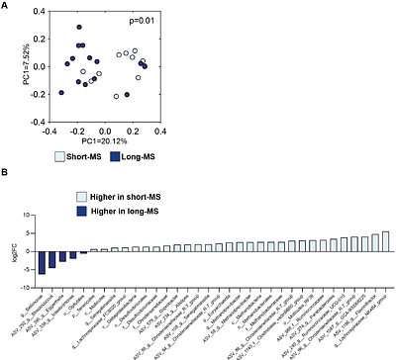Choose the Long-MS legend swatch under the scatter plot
coord(115,156)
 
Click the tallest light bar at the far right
coord(385,239)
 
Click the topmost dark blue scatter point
coord(79,29)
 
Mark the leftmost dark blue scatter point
coord(61,93)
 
